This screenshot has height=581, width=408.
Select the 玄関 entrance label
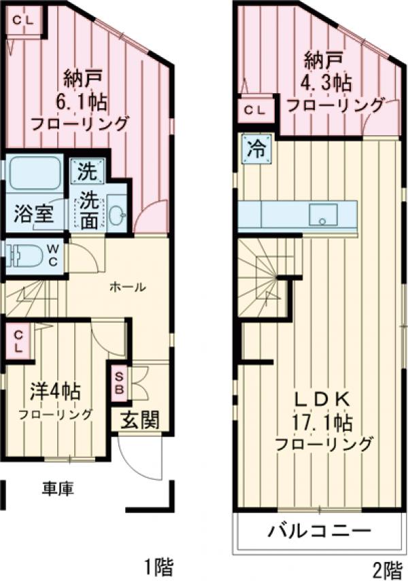click(140, 420)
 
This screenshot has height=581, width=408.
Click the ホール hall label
click(128, 287)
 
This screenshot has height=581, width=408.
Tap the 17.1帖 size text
click(322, 423)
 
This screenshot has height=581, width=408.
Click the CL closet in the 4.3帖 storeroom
click(256, 109)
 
